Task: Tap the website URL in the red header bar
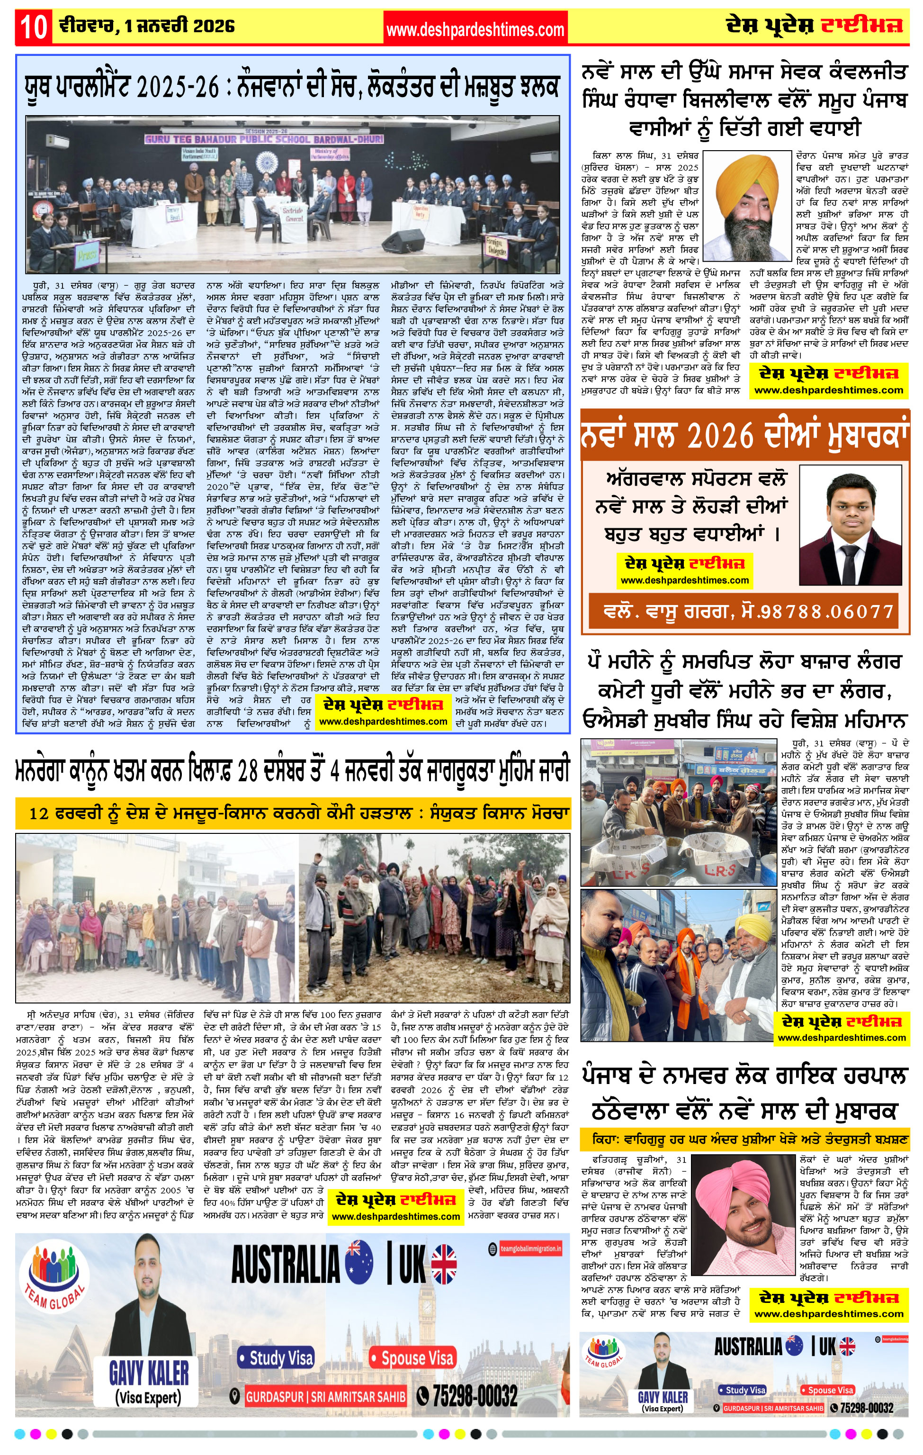click(475, 29)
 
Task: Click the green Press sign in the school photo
click(88, 255)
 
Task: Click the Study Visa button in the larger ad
click(277, 1359)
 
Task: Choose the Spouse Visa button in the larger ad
click(412, 1359)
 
